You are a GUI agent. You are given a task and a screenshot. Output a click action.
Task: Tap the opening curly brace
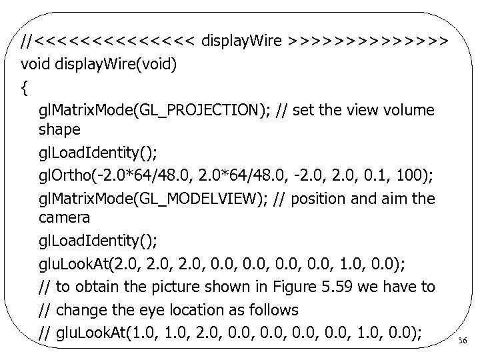(25, 87)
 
